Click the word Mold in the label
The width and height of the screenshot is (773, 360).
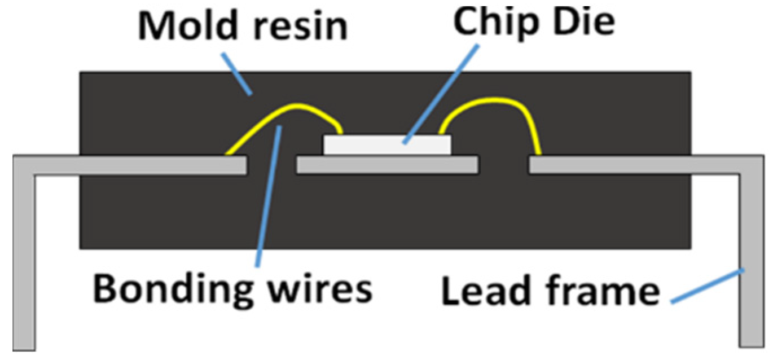[186, 27]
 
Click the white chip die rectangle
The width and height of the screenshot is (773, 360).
[387, 145]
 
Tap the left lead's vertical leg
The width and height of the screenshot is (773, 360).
[24, 260]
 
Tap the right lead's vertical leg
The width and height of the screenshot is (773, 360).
[749, 260]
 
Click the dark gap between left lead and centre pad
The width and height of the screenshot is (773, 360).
[272, 165]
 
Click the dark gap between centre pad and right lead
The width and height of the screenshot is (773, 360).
[503, 165]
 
